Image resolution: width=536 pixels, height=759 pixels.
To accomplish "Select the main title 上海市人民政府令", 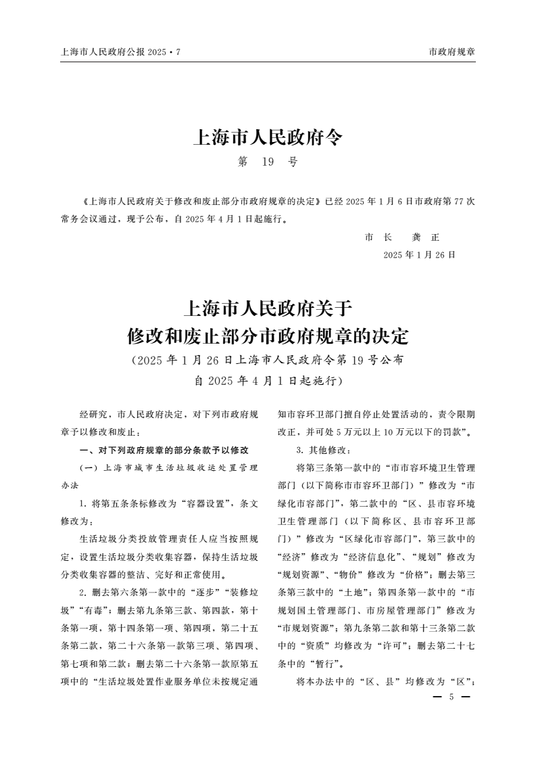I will [268, 139].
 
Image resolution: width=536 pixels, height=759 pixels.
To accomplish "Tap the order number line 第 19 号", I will [268, 163].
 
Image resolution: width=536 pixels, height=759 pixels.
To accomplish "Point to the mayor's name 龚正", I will [425, 237].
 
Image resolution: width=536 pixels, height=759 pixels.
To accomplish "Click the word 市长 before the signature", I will [379, 237].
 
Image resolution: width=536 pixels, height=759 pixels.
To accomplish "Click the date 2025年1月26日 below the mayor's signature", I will [419, 255].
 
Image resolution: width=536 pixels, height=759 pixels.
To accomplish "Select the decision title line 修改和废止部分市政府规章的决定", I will [268, 336].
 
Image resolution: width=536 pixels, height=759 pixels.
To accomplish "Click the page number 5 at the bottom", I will [451, 697].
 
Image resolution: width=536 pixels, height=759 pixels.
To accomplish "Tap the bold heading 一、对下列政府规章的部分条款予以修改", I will [164, 450].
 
